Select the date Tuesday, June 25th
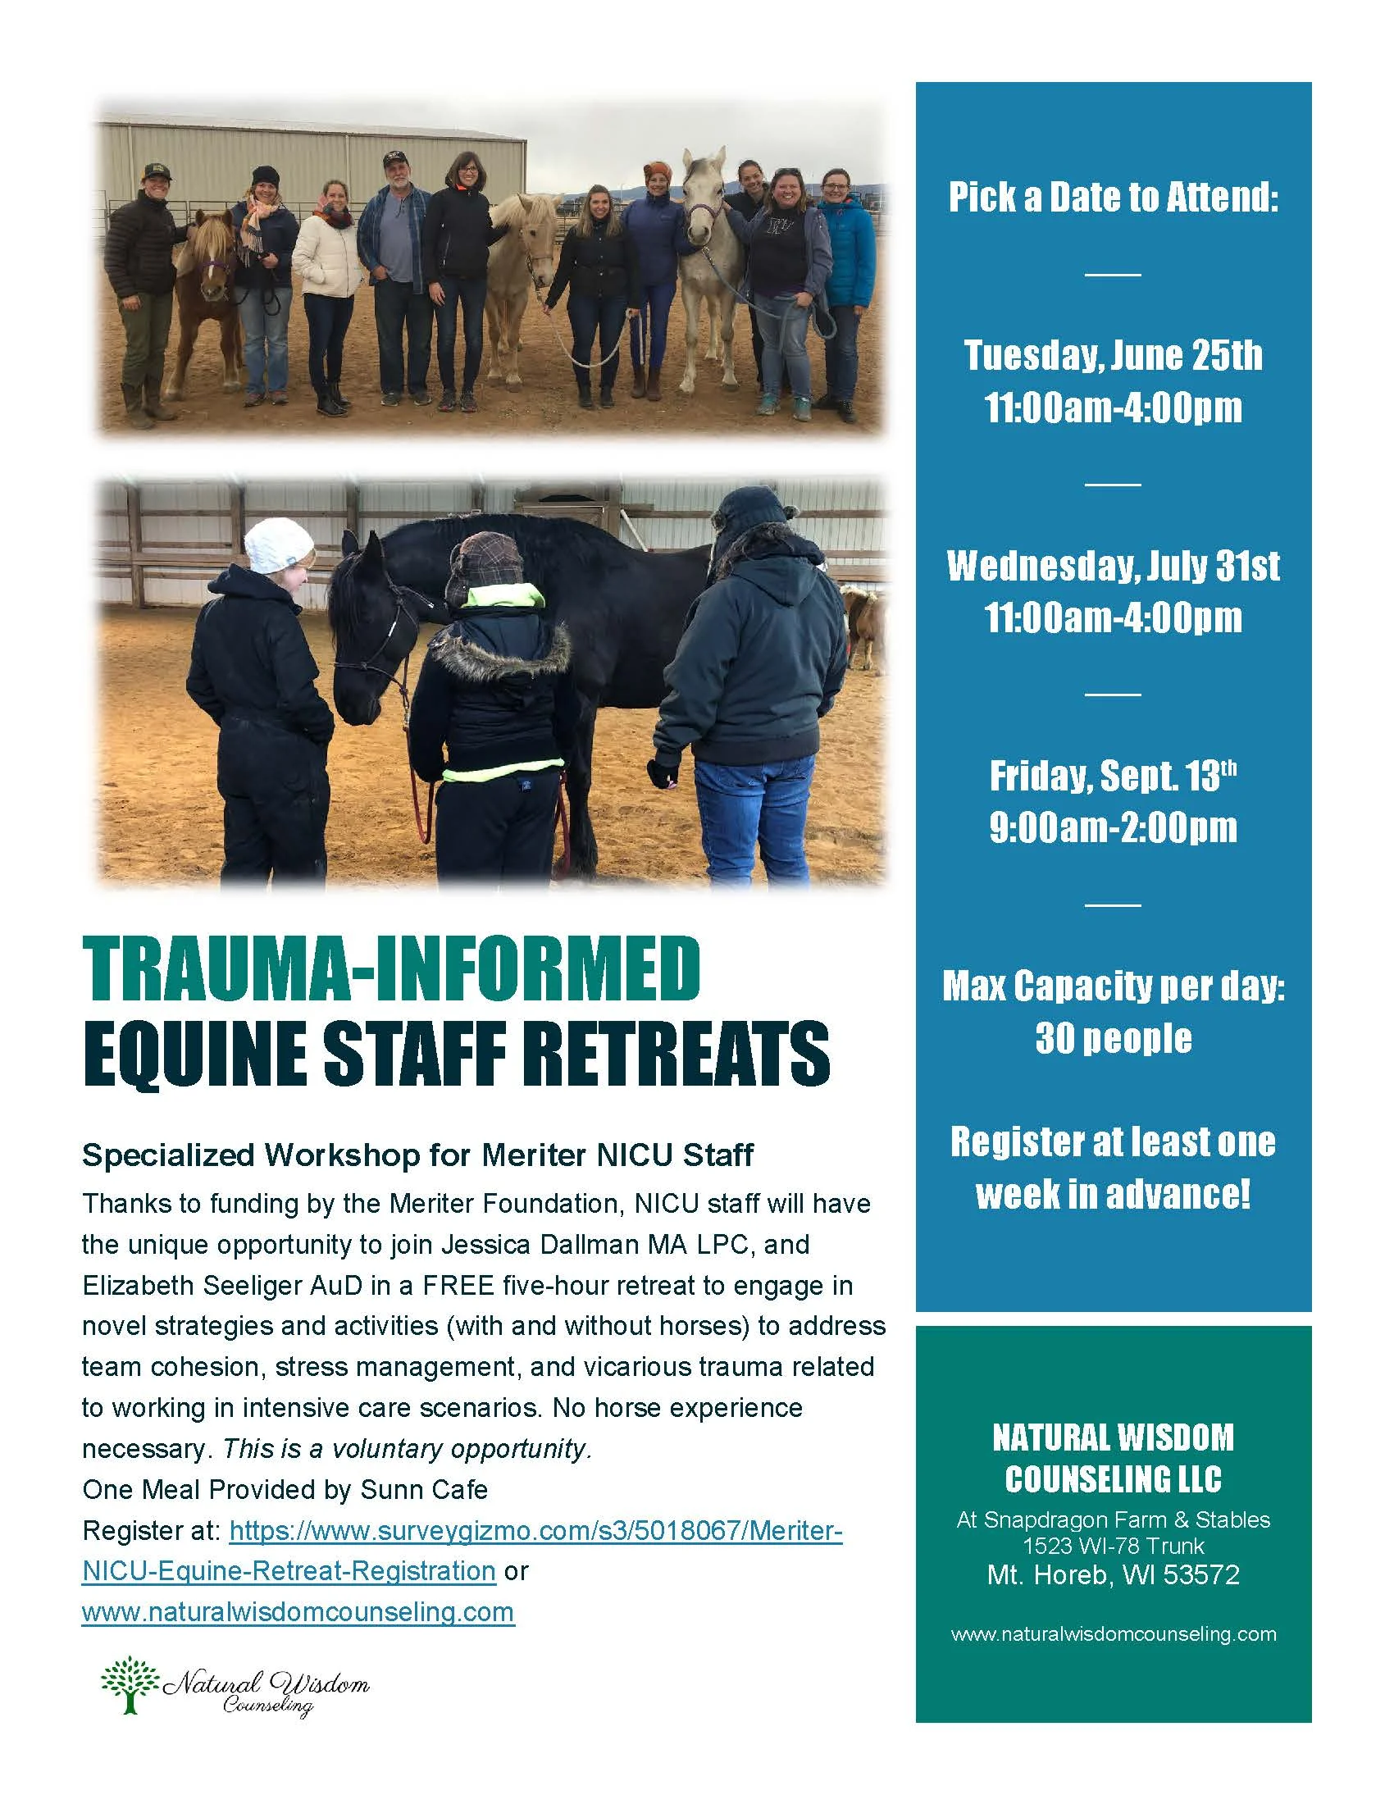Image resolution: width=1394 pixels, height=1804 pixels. [1113, 356]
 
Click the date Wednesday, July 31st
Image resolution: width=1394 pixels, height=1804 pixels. [1113, 567]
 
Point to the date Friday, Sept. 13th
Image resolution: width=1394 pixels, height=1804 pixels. [1113, 777]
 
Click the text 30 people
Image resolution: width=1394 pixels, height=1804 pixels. [1113, 1038]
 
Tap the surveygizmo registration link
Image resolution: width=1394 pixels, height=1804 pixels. [536, 1531]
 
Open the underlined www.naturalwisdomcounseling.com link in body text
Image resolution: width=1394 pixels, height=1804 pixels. [298, 1611]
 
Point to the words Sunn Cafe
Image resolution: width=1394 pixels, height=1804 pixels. [424, 1489]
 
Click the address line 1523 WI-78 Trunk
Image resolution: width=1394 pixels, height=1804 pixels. [1113, 1546]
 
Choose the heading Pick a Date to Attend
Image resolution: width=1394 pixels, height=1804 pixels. [1113, 198]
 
